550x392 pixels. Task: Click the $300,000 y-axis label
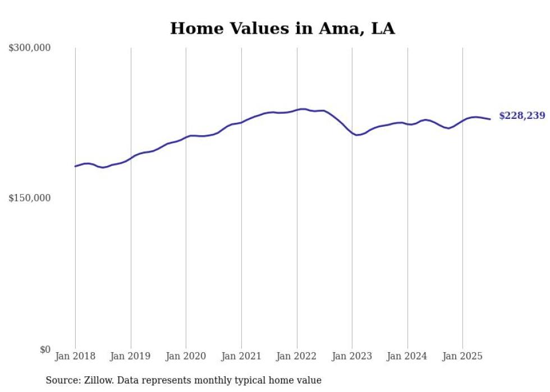tap(29, 48)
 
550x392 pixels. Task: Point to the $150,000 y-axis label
tap(29, 198)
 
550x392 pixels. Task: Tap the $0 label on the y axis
tap(45, 349)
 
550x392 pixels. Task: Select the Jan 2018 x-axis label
tap(75, 356)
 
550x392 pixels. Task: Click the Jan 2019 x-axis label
tap(131, 356)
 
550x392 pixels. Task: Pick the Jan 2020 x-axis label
tap(186, 356)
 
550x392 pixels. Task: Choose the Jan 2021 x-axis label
tap(241, 356)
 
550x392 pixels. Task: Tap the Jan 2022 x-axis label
tap(297, 356)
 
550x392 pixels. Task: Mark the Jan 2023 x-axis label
tap(352, 356)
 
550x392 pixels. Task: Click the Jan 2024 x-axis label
tap(407, 356)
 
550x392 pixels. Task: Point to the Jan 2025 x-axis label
tap(462, 356)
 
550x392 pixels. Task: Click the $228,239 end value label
tap(522, 116)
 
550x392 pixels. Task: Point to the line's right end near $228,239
tap(490, 119)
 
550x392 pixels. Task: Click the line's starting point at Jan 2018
tap(75, 166)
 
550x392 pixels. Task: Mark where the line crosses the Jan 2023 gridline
tap(352, 134)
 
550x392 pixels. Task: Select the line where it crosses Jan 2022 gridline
tap(297, 109)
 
